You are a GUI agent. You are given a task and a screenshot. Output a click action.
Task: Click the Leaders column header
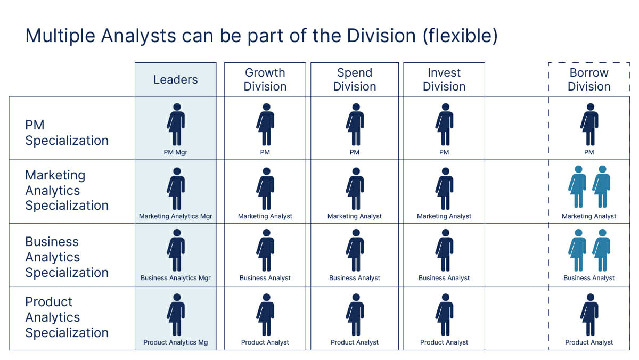pyautogui.click(x=175, y=80)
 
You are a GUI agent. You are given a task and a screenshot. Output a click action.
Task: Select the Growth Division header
pyautogui.click(x=265, y=80)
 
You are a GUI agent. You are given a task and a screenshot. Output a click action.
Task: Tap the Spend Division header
pyautogui.click(x=354, y=80)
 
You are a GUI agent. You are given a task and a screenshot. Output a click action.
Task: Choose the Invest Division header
pyautogui.click(x=444, y=80)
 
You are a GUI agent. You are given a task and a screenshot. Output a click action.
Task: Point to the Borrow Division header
pyautogui.click(x=589, y=80)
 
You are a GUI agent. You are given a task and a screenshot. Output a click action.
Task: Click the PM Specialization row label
pyautogui.click(x=67, y=133)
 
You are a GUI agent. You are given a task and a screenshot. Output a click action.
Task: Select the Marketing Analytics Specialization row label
pyautogui.click(x=67, y=190)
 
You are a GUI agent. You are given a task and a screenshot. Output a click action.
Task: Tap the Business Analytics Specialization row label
pyautogui.click(x=67, y=257)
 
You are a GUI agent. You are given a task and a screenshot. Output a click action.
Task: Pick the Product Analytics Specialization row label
pyautogui.click(x=67, y=317)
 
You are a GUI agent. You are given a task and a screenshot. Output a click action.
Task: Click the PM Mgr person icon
pyautogui.click(x=176, y=125)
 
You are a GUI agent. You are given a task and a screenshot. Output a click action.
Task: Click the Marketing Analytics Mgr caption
pyautogui.click(x=176, y=216)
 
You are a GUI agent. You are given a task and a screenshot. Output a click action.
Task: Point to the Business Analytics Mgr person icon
pyautogui.click(x=176, y=250)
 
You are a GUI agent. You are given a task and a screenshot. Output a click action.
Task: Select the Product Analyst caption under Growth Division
pyautogui.click(x=265, y=342)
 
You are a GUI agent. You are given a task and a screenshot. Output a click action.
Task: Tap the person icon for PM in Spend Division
pyautogui.click(x=355, y=125)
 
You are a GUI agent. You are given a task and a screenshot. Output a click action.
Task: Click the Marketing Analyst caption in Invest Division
pyautogui.click(x=444, y=216)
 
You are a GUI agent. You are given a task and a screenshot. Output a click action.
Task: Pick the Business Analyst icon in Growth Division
pyautogui.click(x=265, y=250)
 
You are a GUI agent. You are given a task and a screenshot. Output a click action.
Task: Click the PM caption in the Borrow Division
pyautogui.click(x=589, y=152)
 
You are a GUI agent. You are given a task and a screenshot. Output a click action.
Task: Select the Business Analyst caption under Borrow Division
pyautogui.click(x=589, y=278)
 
